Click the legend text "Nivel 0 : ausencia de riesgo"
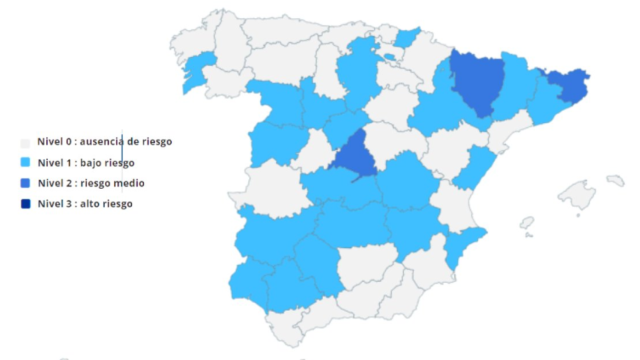104,142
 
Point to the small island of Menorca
615,181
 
